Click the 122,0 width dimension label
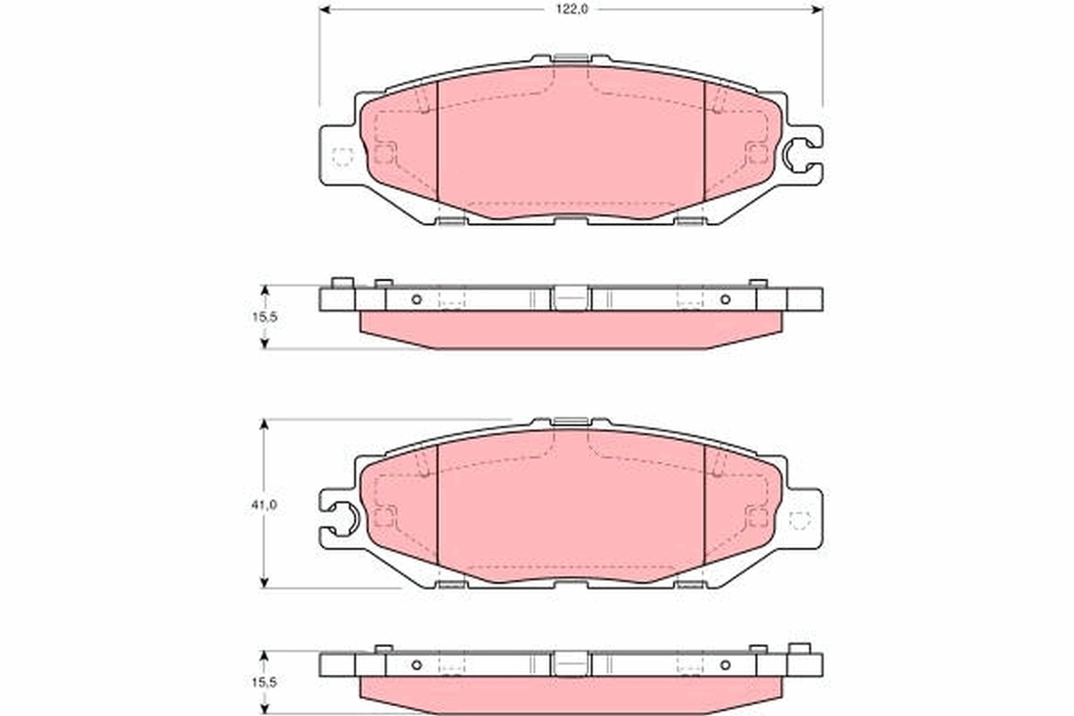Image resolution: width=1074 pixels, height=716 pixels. [571, 8]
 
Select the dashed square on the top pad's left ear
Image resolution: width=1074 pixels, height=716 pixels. [343, 156]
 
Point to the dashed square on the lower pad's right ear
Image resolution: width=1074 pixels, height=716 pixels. [799, 519]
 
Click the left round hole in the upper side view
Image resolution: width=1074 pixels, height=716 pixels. [416, 299]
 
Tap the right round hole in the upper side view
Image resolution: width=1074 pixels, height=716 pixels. [725, 299]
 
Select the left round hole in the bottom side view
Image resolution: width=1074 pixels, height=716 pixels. [416, 664]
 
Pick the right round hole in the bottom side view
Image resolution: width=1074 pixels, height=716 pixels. [725, 664]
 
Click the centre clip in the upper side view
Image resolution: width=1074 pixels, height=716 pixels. [570, 298]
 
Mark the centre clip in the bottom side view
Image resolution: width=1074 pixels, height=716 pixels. [570, 663]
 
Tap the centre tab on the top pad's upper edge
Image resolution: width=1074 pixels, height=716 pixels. [570, 59]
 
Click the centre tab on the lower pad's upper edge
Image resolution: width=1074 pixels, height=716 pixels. [570, 422]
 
